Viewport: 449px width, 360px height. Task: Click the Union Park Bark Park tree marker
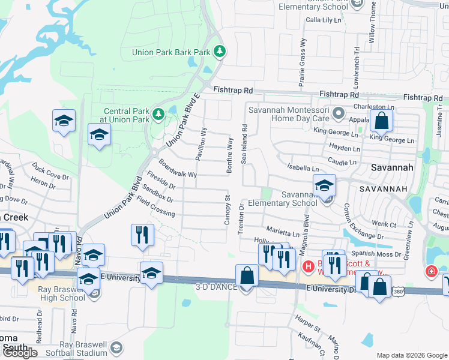(220, 52)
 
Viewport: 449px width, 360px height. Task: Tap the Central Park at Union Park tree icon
(158, 113)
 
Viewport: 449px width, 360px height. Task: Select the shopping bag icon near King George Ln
(381, 122)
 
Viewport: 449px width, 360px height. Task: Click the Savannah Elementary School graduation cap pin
(324, 185)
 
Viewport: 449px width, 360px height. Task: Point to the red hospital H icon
(309, 266)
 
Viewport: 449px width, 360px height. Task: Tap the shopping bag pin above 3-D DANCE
(247, 276)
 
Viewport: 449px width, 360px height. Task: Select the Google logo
(20, 353)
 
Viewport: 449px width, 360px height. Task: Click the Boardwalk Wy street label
(178, 169)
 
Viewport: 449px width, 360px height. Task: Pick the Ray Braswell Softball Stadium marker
(117, 347)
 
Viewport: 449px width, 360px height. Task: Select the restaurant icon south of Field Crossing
(142, 235)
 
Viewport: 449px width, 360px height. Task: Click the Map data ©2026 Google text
(412, 355)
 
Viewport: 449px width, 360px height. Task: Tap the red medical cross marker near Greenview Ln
(431, 272)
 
